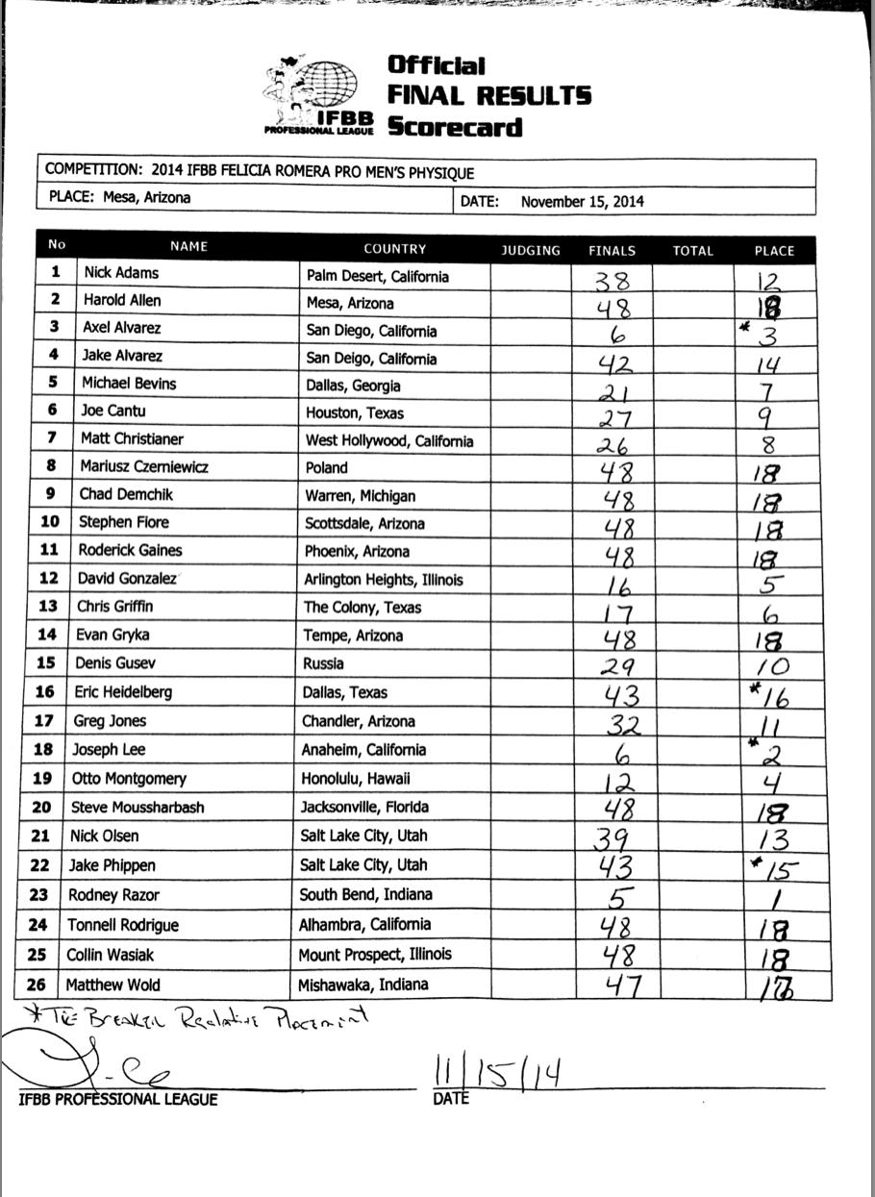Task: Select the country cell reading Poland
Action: tap(327, 468)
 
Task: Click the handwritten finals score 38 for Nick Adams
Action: tap(612, 279)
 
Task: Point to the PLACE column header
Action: tap(774, 250)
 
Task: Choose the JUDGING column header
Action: tap(531, 250)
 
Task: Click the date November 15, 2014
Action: tap(583, 202)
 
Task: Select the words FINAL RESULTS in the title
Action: tap(488, 95)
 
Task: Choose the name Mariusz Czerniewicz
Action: tap(144, 468)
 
